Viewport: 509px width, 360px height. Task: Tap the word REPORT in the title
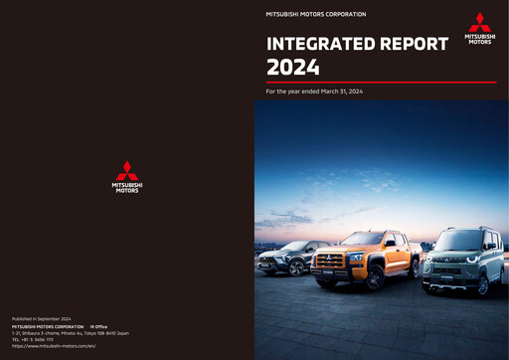412,44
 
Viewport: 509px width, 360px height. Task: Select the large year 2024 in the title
292,68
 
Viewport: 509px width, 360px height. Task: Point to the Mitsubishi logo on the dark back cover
127,177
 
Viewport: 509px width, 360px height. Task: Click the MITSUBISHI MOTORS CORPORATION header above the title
316,15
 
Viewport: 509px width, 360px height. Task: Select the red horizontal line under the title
382,82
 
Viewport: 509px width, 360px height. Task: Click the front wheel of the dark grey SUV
294,268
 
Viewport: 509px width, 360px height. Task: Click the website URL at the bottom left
54,346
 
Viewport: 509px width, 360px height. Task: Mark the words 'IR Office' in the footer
98,326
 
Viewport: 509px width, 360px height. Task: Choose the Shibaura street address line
70,333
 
